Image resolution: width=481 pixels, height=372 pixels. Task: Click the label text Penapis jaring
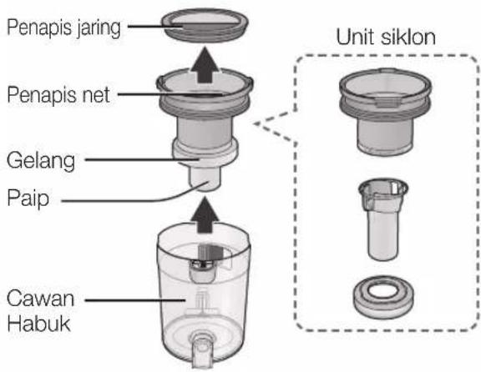pos(63,28)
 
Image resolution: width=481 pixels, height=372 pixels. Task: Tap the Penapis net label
pos(58,95)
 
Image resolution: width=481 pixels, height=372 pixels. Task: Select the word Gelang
pos(41,161)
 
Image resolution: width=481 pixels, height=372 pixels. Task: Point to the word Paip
pos(28,198)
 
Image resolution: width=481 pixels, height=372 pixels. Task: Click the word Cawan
pos(40,298)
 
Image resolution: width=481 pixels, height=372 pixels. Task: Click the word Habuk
pos(39,324)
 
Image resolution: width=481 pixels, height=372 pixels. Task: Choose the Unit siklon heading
pos(386,37)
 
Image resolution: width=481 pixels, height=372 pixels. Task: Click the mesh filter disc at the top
pos(205,24)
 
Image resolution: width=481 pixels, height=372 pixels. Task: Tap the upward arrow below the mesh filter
pos(205,65)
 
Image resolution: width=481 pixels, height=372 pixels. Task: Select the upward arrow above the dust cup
pos(205,214)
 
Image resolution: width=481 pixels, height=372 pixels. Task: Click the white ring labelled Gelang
pos(205,152)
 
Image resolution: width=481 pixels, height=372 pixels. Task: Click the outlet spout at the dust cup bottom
pos(202,351)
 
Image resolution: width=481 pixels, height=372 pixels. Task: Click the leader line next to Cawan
pos(135,300)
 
